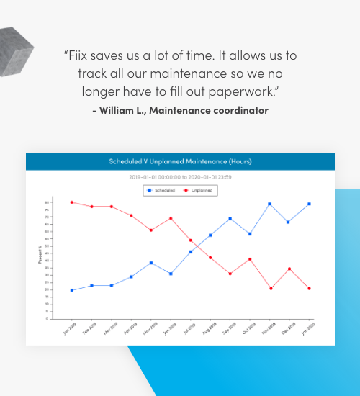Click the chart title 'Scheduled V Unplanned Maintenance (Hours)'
click(x=180, y=161)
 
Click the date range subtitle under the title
click(x=180, y=176)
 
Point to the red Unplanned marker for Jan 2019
click(x=72, y=202)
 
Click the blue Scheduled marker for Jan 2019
click(x=72, y=290)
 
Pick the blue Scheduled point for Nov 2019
click(x=270, y=204)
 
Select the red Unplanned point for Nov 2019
click(x=270, y=289)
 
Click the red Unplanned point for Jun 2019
click(x=171, y=218)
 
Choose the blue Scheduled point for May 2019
click(x=151, y=263)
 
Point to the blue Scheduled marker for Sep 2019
click(x=230, y=218)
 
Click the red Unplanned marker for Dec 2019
click(x=289, y=269)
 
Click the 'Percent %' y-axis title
click(x=40, y=256)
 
